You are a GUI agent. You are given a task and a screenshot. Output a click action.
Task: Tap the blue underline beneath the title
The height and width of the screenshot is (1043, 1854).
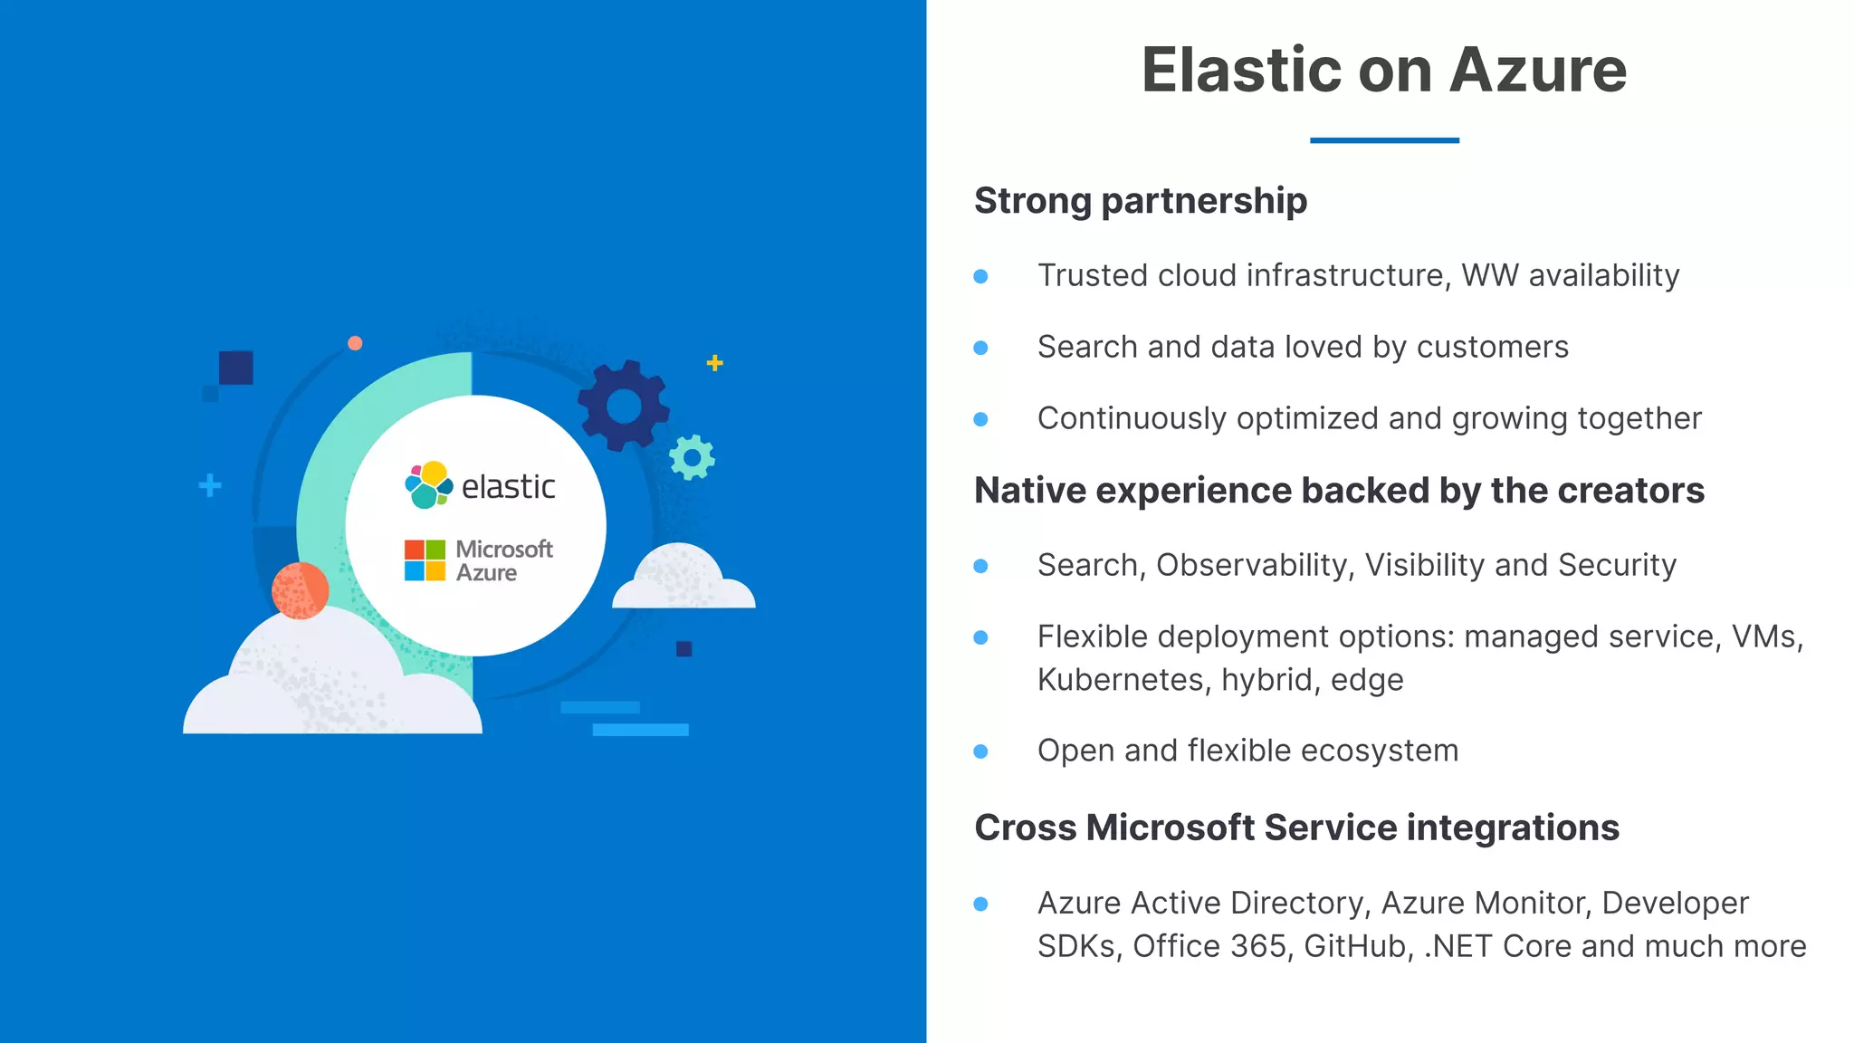(1384, 140)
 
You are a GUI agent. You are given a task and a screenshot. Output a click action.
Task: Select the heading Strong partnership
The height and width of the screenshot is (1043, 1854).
(1140, 201)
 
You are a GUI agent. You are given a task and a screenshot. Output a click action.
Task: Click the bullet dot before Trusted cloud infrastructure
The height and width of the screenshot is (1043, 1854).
(980, 276)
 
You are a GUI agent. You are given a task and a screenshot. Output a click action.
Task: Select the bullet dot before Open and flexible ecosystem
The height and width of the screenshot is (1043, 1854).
(980, 751)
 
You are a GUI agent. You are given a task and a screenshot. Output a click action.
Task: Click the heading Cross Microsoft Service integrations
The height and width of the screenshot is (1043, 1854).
(1296, 828)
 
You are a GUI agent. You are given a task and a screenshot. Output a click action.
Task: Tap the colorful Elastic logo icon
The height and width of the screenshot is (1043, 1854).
(428, 485)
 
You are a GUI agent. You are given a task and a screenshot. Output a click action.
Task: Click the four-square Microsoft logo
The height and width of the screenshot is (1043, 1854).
(425, 560)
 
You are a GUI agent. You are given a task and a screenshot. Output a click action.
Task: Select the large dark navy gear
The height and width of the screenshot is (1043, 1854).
(624, 406)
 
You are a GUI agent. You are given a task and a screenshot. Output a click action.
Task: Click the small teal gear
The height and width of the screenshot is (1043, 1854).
(693, 458)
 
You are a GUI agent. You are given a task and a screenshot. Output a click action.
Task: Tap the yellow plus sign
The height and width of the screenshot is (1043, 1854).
(714, 363)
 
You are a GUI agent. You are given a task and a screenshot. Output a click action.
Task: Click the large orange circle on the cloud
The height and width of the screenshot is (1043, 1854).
(300, 590)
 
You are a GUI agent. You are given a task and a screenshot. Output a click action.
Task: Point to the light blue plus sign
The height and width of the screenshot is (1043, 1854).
(210, 486)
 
